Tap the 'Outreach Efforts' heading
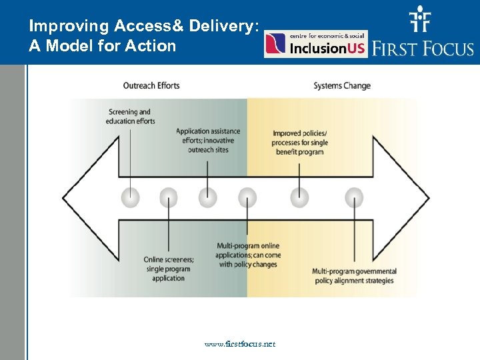(x=151, y=85)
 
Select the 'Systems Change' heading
(x=342, y=85)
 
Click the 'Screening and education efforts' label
(x=130, y=117)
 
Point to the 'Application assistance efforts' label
(x=208, y=140)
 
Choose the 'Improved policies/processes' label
(x=299, y=143)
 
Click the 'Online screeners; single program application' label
(x=169, y=269)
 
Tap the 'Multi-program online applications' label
(x=248, y=255)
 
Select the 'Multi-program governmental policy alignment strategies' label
(x=354, y=275)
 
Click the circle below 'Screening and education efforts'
(x=131, y=197)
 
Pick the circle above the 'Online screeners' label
(x=169, y=197)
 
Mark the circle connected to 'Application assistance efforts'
(x=208, y=197)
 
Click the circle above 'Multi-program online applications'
(x=247, y=197)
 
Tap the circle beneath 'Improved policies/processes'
(x=299, y=197)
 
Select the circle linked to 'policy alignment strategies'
(x=354, y=197)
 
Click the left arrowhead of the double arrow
(x=90, y=197)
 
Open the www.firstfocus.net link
(x=240, y=344)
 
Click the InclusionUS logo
(x=315, y=44)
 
